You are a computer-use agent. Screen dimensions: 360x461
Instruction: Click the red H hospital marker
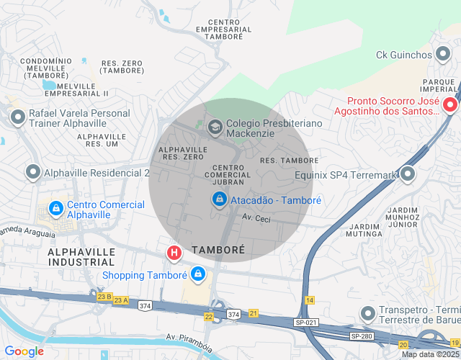[x=174, y=253]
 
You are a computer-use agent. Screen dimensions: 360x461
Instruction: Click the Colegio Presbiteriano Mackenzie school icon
[x=215, y=128]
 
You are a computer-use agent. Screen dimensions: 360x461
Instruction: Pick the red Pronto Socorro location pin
[x=450, y=105]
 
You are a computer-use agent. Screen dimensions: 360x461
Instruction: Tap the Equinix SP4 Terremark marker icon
[x=408, y=174]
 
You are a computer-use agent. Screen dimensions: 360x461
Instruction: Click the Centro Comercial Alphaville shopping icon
[x=55, y=209]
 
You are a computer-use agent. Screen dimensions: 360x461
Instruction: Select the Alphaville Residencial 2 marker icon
[x=32, y=173]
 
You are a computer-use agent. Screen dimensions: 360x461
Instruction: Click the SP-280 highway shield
[x=361, y=336]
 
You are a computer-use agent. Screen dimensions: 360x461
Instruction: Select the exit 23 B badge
[x=104, y=296]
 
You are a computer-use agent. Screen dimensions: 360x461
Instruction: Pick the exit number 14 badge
[x=310, y=299]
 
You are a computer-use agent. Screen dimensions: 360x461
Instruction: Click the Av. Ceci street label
[x=256, y=218]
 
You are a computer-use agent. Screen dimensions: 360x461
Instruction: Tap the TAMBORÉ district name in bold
[x=218, y=250]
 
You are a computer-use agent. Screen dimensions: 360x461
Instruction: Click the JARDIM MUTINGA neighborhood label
[x=363, y=228]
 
